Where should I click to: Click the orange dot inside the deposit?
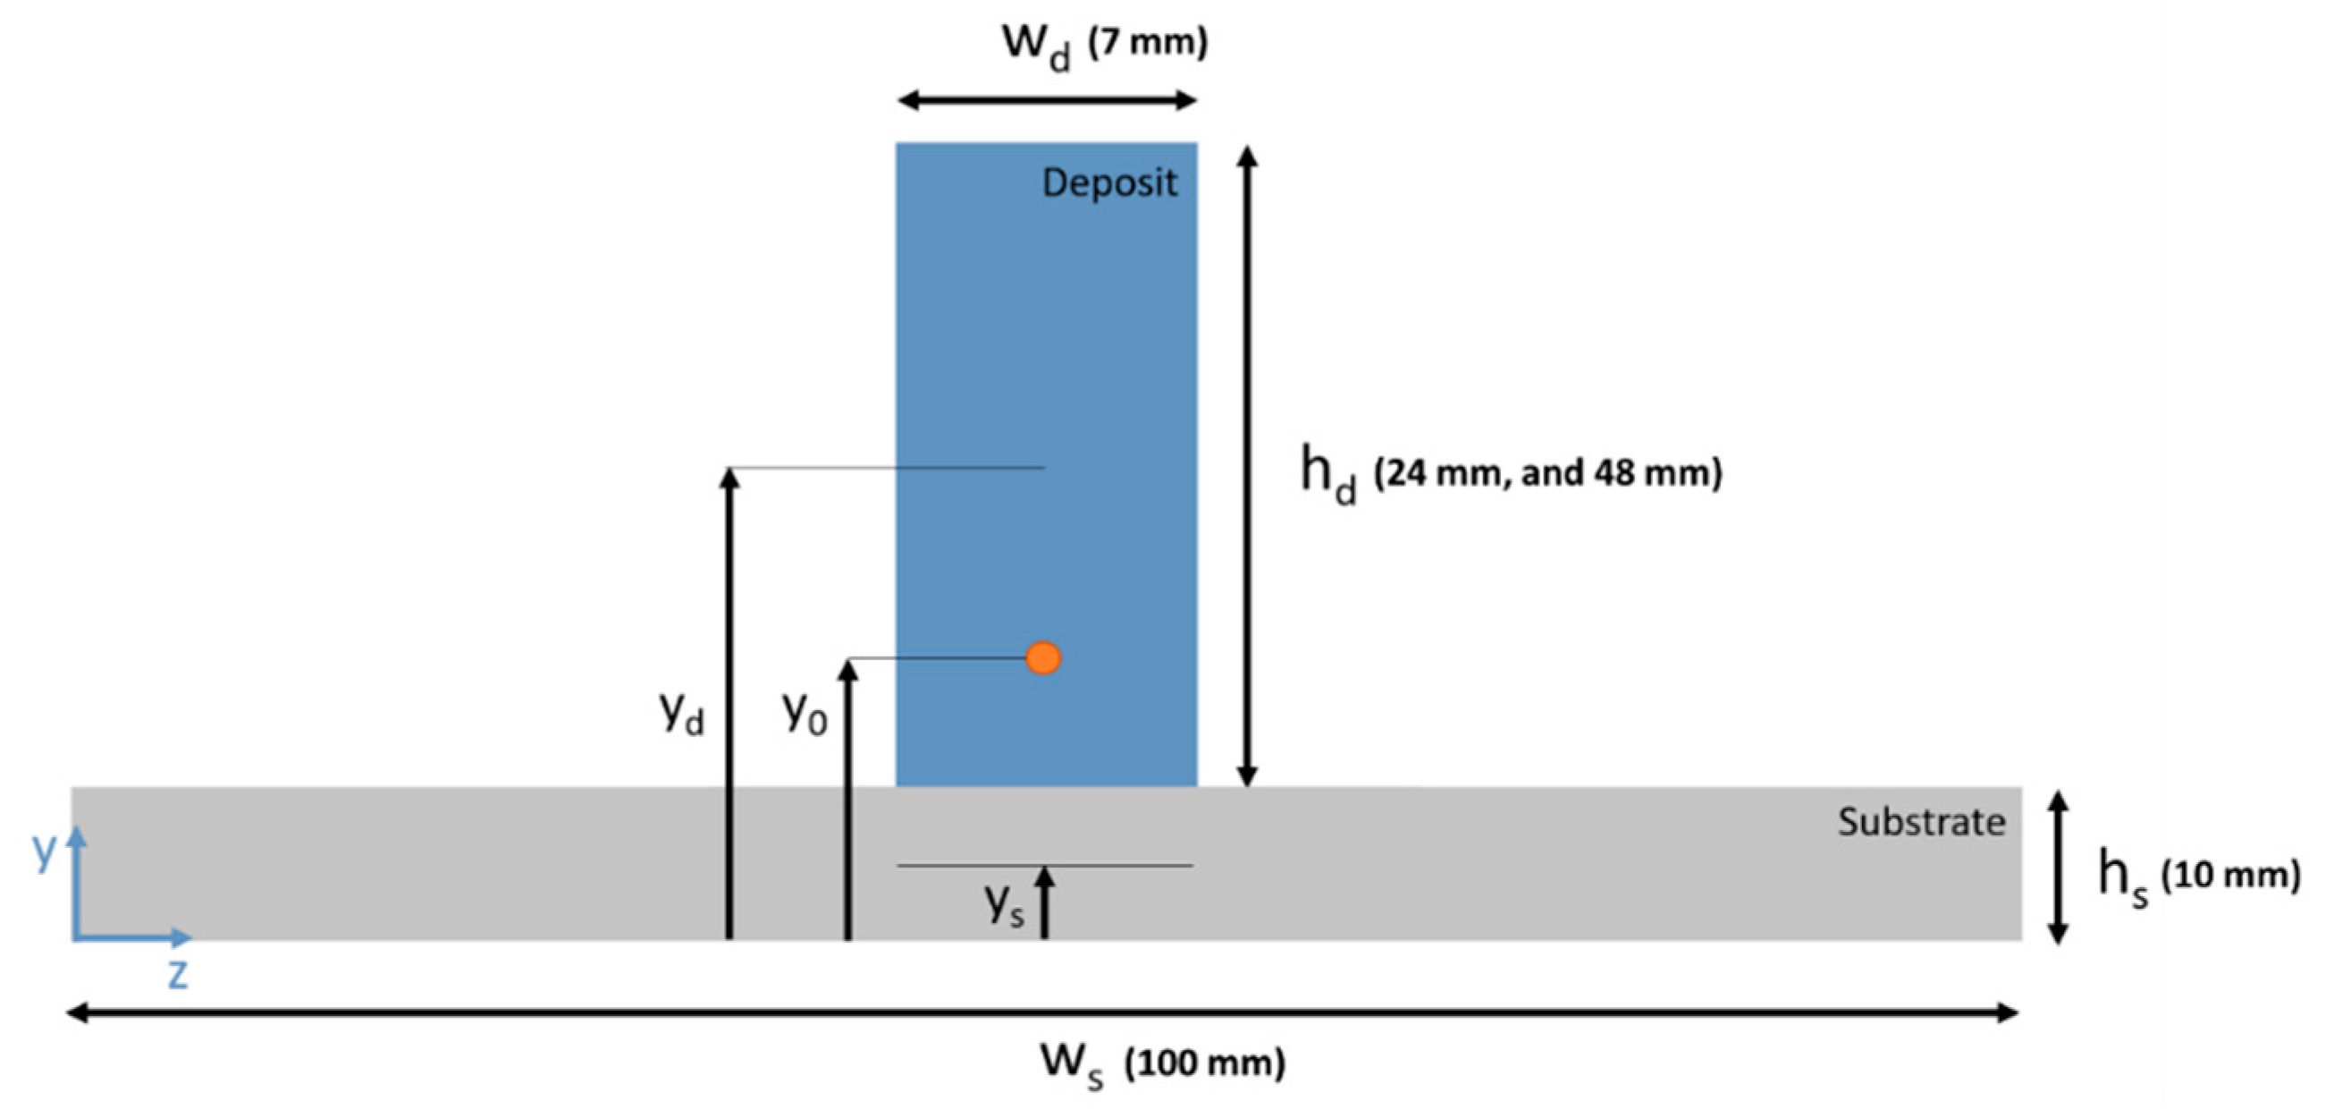point(1043,658)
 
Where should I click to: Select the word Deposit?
point(1108,183)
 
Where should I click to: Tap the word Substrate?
point(1921,822)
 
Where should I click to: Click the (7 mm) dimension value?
point(1148,43)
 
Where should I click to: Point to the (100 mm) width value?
point(1204,1063)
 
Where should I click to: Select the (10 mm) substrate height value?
point(2230,874)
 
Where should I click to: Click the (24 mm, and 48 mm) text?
point(1547,472)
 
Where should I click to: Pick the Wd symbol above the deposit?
point(1037,46)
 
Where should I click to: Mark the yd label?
point(682,714)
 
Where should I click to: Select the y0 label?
point(804,713)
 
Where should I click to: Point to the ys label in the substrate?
point(1004,904)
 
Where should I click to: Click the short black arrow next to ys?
point(1045,902)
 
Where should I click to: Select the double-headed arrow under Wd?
point(1047,100)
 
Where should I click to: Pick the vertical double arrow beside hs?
point(2058,867)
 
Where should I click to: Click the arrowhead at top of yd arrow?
point(729,477)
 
